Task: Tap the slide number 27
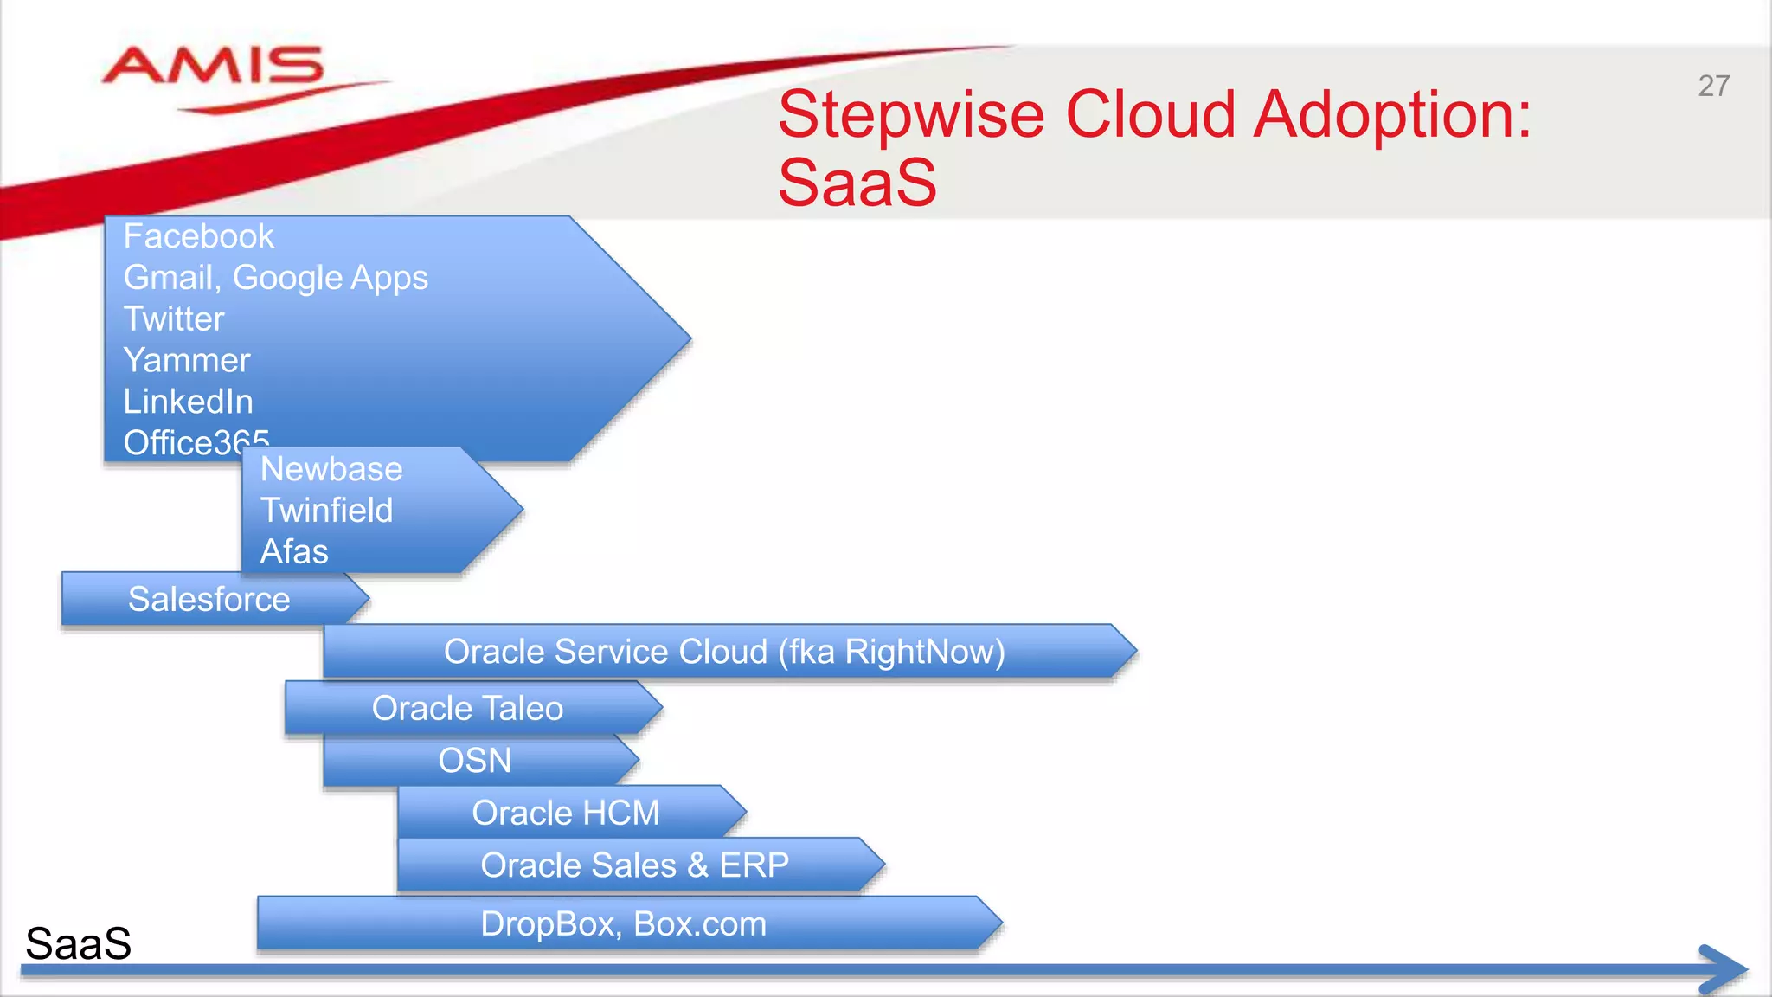tap(1713, 87)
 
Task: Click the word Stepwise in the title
tap(911, 115)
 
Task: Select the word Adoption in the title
tap(1392, 115)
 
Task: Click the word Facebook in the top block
tap(198, 237)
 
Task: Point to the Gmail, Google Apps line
tap(275, 279)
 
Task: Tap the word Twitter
tap(174, 319)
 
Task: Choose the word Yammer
tap(187, 361)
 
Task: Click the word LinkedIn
tap(189, 402)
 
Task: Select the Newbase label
tap(331, 470)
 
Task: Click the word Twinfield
tap(327, 511)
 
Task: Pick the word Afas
tap(294, 552)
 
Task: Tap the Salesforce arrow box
tap(209, 599)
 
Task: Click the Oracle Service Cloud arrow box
tap(724, 652)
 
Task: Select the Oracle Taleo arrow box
tap(467, 709)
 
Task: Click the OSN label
tap(475, 761)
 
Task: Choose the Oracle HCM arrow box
tap(566, 814)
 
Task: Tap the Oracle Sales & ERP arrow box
tap(634, 865)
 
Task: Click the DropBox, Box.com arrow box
tap(623, 924)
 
